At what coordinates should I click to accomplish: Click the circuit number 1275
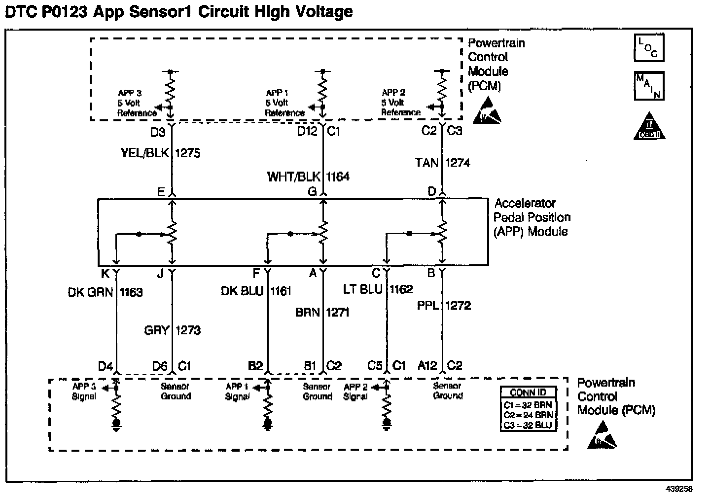(x=187, y=153)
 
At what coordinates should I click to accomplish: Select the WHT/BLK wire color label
(x=293, y=177)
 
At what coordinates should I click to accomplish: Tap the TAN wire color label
(x=427, y=162)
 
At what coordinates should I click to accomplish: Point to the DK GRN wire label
(x=91, y=292)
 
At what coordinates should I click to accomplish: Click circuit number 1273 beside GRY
(x=188, y=330)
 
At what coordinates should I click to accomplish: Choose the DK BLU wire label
(x=242, y=291)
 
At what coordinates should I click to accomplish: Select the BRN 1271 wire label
(x=322, y=312)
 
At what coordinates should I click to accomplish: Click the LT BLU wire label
(x=362, y=289)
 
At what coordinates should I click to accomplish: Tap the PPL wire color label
(x=427, y=306)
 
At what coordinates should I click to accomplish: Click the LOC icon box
(x=649, y=48)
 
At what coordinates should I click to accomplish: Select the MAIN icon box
(x=649, y=86)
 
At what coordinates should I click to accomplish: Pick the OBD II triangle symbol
(x=649, y=127)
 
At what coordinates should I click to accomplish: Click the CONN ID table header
(x=528, y=392)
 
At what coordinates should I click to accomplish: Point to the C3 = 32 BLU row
(x=528, y=425)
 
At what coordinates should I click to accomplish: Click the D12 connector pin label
(x=307, y=132)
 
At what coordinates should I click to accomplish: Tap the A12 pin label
(x=427, y=365)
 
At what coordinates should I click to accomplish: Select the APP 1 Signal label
(x=237, y=392)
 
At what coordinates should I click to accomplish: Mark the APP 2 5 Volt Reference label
(x=400, y=103)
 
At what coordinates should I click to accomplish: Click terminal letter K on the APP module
(x=105, y=273)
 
